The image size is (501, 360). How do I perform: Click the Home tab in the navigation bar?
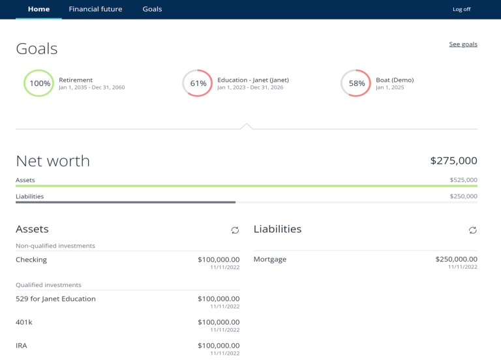[38, 9]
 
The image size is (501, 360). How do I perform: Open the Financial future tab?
[95, 9]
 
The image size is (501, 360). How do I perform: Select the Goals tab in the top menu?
[152, 9]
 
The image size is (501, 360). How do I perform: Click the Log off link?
[461, 9]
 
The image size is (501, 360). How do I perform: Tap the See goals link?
[463, 44]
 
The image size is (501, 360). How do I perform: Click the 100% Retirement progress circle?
[39, 83]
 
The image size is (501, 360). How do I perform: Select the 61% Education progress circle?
[198, 83]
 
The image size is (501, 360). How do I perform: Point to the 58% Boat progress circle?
[356, 83]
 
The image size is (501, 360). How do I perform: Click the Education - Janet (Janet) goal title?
[253, 80]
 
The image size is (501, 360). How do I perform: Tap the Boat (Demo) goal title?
[395, 80]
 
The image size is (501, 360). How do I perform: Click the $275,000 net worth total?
[453, 160]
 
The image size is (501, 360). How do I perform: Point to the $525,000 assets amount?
[463, 180]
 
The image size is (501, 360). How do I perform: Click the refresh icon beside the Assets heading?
[235, 230]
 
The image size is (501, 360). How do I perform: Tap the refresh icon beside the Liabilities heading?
[473, 230]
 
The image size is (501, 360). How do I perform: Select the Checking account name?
[31, 260]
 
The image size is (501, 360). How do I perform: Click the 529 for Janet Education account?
[55, 299]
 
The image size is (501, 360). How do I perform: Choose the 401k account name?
[25, 322]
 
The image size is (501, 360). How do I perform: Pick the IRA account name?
[22, 346]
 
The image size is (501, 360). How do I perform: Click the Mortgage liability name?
[270, 260]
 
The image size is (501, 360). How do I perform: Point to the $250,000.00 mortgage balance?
[456, 260]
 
